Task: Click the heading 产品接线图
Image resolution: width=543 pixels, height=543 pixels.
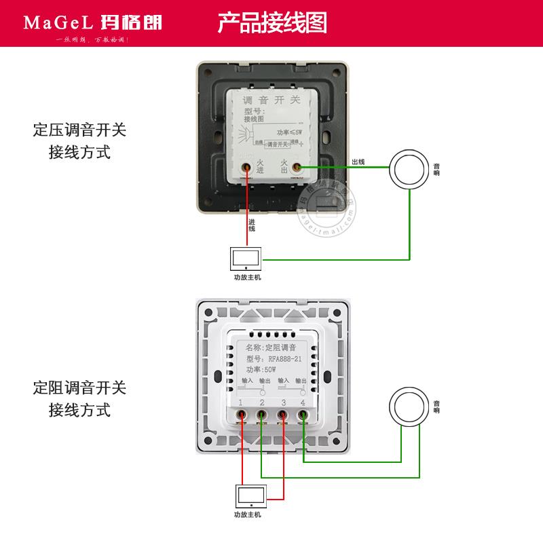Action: tap(272, 22)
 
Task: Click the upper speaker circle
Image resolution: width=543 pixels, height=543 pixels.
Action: tap(408, 168)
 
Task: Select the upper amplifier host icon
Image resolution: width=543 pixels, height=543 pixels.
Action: tap(246, 259)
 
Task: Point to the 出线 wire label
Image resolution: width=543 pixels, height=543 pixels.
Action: tap(358, 162)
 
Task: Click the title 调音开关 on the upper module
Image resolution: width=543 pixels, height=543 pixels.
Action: tap(271, 100)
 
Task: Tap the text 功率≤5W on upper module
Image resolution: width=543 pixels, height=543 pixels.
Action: tap(289, 131)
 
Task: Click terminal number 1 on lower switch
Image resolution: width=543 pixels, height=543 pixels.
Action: tap(241, 403)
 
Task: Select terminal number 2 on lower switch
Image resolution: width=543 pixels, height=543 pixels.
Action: tap(261, 403)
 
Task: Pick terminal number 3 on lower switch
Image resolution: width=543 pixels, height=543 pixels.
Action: tap(282, 403)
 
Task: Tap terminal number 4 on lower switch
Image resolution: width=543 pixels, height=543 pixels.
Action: tap(303, 403)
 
